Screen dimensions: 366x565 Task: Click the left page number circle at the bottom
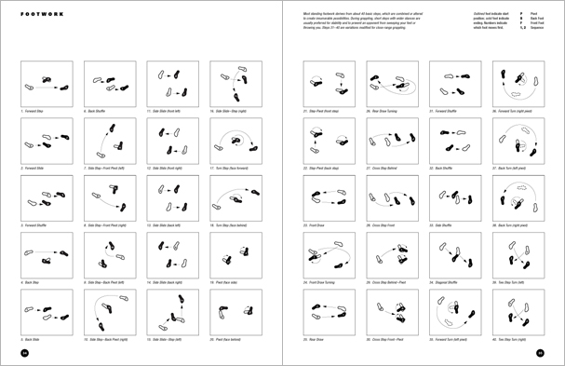point(26,353)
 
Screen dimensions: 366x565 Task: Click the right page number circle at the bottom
point(539,353)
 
